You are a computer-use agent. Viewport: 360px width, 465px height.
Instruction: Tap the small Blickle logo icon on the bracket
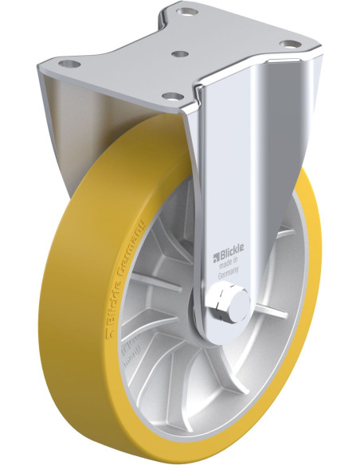click(214, 256)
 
